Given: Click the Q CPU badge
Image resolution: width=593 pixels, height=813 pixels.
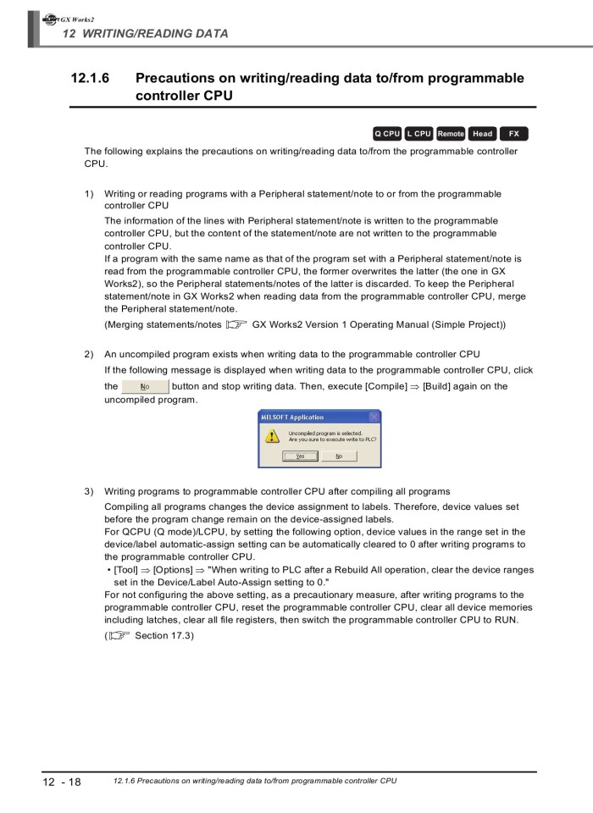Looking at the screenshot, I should [x=387, y=134].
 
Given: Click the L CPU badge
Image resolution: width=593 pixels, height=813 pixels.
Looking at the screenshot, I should [x=419, y=134].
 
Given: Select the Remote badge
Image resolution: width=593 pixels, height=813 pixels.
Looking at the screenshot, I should [x=451, y=134].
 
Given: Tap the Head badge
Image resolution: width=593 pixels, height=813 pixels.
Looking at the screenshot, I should [x=483, y=134].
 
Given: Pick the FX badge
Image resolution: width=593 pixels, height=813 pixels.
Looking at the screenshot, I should [x=513, y=134].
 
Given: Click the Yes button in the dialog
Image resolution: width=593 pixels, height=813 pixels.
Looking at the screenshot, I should [x=301, y=456].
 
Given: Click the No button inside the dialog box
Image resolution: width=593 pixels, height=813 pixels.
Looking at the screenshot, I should [x=339, y=456].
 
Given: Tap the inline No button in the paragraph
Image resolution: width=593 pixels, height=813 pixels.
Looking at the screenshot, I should [x=145, y=387].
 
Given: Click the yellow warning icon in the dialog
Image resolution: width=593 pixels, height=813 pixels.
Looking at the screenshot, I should [x=272, y=435].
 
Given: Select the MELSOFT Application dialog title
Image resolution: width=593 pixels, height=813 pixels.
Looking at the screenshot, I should [x=291, y=417].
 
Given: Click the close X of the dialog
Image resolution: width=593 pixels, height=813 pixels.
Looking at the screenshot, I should [x=374, y=417].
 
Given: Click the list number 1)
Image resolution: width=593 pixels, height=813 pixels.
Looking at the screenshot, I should [x=89, y=194].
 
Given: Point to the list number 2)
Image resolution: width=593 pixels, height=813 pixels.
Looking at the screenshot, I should [x=89, y=354].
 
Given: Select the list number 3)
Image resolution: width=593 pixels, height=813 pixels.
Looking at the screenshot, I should [x=89, y=491].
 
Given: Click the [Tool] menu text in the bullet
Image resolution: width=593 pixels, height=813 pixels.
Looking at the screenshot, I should [x=125, y=571].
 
